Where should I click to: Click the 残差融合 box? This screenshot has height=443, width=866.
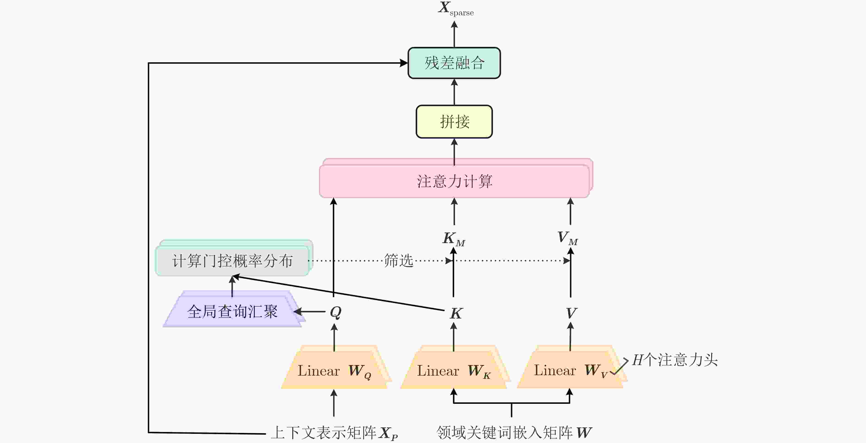point(454,63)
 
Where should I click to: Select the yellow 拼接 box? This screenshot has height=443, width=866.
point(454,122)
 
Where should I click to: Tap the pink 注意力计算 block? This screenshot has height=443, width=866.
point(454,181)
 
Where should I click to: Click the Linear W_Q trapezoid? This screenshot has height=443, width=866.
point(334,370)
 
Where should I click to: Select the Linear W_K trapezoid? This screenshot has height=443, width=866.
point(454,370)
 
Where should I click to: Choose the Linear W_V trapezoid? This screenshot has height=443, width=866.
point(570,370)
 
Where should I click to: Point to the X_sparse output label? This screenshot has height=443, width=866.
point(455,9)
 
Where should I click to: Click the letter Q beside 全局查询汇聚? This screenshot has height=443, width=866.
point(335,312)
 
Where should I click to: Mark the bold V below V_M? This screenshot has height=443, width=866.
point(571,313)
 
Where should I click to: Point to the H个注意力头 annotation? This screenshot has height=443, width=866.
point(675,360)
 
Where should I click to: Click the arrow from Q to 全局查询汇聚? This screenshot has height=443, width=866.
point(310,311)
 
